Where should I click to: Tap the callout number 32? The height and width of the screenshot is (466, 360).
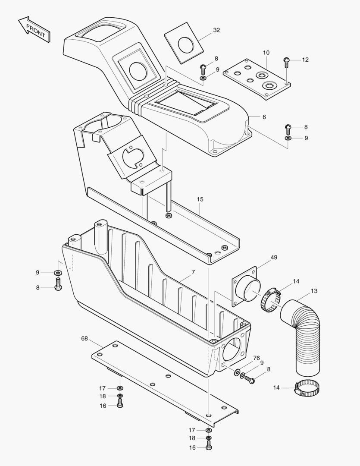click(x=216, y=30)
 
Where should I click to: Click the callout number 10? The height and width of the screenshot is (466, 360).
click(x=266, y=53)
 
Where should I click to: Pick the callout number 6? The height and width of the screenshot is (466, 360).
click(x=264, y=117)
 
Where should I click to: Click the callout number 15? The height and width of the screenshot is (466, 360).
click(x=200, y=200)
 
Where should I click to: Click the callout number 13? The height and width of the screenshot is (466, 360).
click(x=314, y=291)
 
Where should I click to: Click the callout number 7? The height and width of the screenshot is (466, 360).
click(x=193, y=272)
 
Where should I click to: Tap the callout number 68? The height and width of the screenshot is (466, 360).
click(x=84, y=339)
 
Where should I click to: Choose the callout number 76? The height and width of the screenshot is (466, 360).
click(x=257, y=358)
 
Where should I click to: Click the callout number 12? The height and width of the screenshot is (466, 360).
click(x=305, y=60)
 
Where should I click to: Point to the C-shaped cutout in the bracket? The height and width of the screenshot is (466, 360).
click(x=134, y=157)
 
